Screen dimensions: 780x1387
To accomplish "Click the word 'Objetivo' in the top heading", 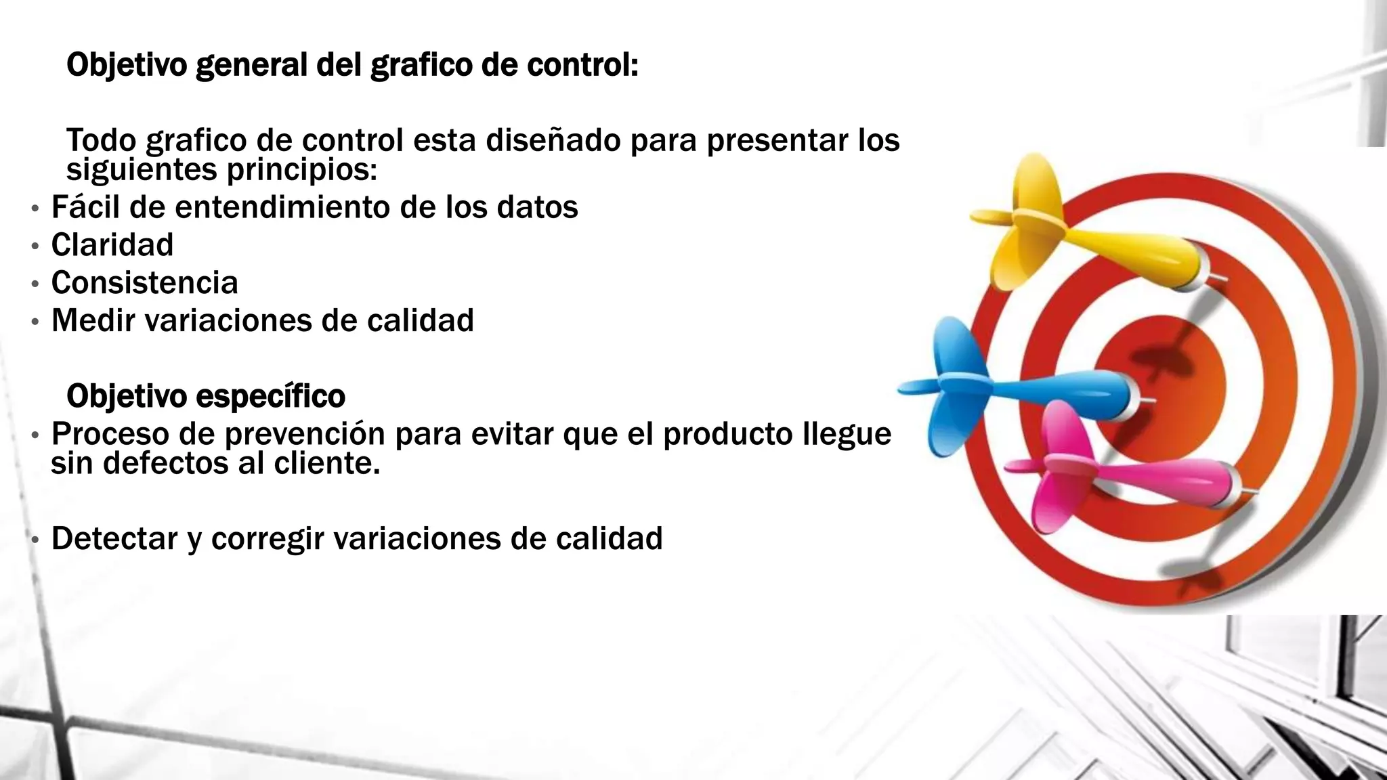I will [127, 66].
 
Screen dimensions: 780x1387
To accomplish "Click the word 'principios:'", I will [301, 170].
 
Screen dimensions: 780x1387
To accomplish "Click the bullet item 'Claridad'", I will [112, 245].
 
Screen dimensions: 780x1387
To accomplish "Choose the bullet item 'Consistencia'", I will [145, 283].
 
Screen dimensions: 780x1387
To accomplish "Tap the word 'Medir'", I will [93, 321].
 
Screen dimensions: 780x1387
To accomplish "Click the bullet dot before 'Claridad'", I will [35, 246].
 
